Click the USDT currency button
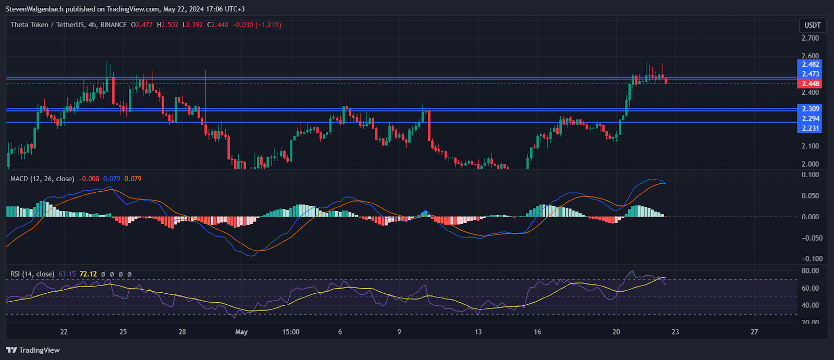pyautogui.click(x=812, y=25)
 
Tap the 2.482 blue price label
pyautogui.click(x=810, y=65)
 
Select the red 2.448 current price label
pyautogui.click(x=810, y=83)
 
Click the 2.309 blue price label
pyautogui.click(x=810, y=109)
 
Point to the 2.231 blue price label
pyautogui.click(x=810, y=128)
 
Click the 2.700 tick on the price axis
pyautogui.click(x=810, y=38)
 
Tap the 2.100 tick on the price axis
pyautogui.click(x=810, y=146)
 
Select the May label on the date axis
pyautogui.click(x=241, y=332)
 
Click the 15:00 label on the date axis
pyautogui.click(x=291, y=332)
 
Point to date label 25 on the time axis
pyautogui.click(x=123, y=332)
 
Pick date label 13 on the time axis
pyautogui.click(x=478, y=332)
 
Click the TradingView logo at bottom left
pyautogui.click(x=33, y=350)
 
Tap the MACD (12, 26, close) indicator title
pyautogui.click(x=42, y=179)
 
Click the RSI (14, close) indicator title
pyautogui.click(x=32, y=274)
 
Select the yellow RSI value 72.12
pyautogui.click(x=88, y=274)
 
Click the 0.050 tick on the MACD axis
pyautogui.click(x=810, y=196)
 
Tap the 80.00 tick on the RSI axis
pyautogui.click(x=810, y=271)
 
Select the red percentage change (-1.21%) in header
pyautogui.click(x=268, y=24)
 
